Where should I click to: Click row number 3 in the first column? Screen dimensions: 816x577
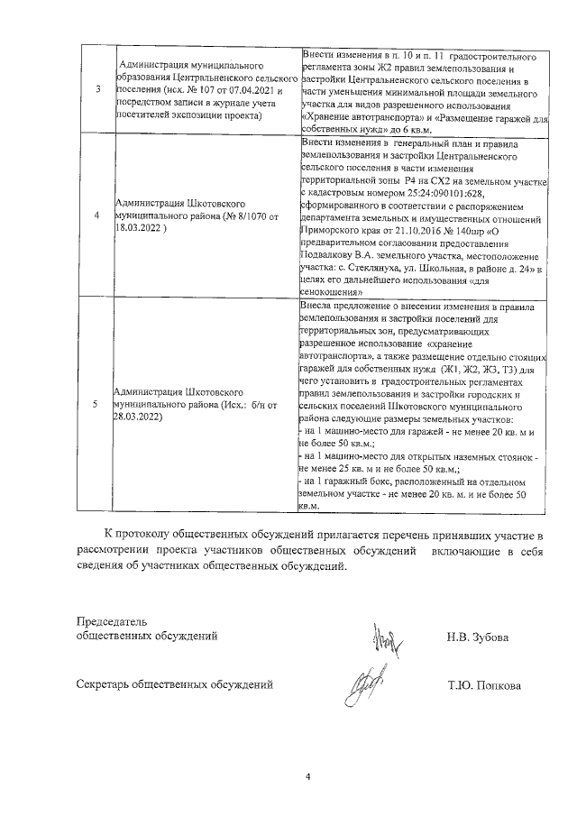[x=96, y=89]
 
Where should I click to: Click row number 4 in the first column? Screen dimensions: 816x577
[x=96, y=216]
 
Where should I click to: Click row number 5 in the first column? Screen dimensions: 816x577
[x=96, y=404]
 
